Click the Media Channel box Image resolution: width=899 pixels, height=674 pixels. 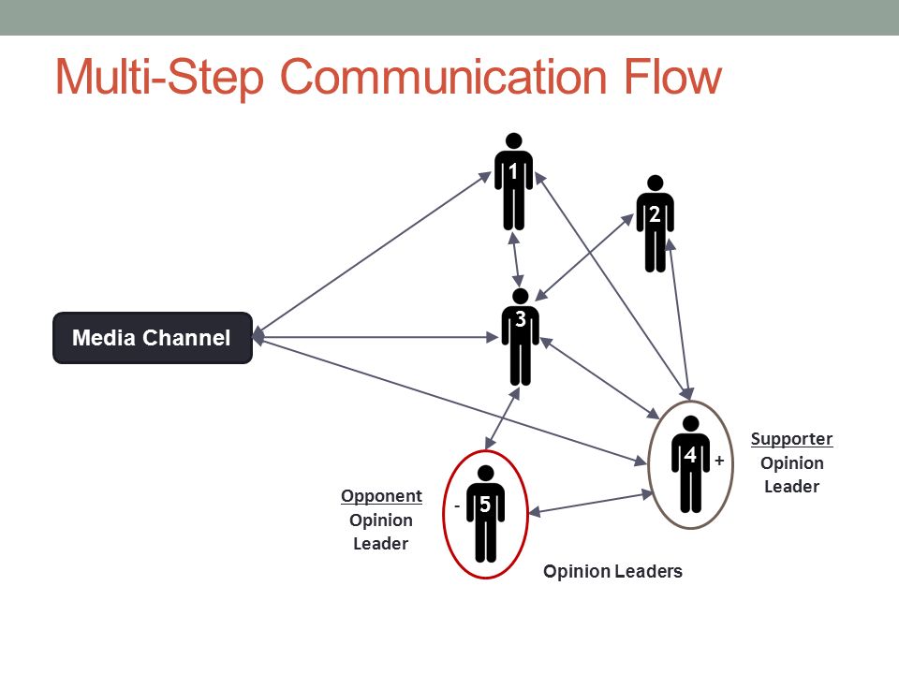click(x=152, y=338)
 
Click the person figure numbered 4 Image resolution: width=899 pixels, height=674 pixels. click(x=690, y=463)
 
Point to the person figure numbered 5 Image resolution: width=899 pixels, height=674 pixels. click(x=485, y=512)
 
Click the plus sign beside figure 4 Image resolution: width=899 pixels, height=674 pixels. click(x=719, y=461)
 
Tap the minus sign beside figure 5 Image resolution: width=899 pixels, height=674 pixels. click(x=457, y=505)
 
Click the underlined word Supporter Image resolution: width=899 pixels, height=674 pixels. click(x=791, y=438)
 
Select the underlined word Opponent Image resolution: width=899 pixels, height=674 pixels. click(x=381, y=496)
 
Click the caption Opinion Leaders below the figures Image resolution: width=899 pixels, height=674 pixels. click(x=612, y=571)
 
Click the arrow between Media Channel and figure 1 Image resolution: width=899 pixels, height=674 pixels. click(x=375, y=254)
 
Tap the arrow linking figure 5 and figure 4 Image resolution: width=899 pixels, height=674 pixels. click(x=592, y=503)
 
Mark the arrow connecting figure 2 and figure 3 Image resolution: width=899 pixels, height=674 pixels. click(x=586, y=256)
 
